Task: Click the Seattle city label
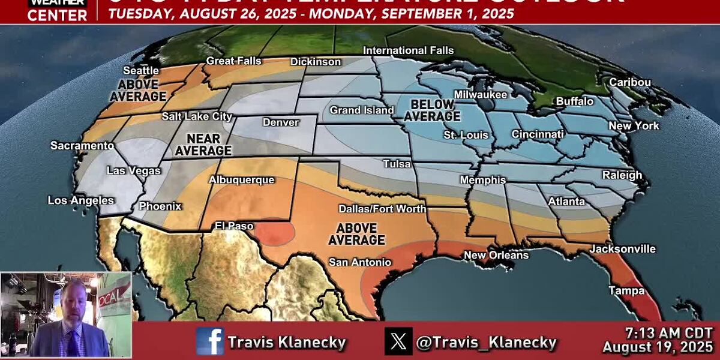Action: (141, 71)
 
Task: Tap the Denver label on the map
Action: (280, 122)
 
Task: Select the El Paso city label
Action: (234, 226)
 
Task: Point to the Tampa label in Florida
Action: (626, 290)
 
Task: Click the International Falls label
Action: (408, 50)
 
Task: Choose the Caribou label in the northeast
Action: (630, 82)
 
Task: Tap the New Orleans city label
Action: (496, 255)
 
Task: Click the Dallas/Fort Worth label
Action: (382, 209)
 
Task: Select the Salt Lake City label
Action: (197, 116)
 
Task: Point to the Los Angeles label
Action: (81, 200)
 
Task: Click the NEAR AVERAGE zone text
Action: (203, 145)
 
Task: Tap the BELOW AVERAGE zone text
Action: (431, 110)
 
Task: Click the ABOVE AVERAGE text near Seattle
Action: (137, 90)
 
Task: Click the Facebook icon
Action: (209, 342)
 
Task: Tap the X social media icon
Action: (398, 342)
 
